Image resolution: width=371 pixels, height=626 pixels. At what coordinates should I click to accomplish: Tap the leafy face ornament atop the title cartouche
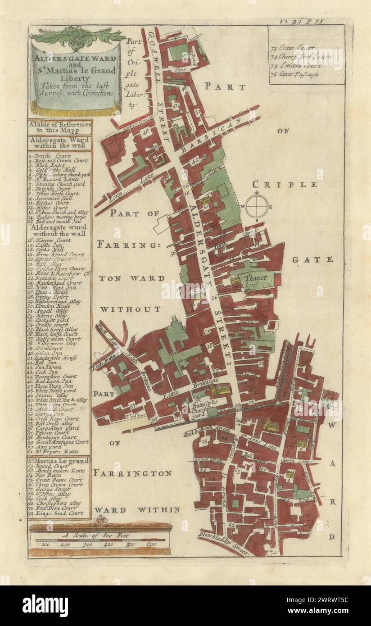[77, 36]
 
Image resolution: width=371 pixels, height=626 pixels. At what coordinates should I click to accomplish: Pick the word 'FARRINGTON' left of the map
[133, 473]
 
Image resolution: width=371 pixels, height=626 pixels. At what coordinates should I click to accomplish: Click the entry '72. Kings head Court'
[58, 513]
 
